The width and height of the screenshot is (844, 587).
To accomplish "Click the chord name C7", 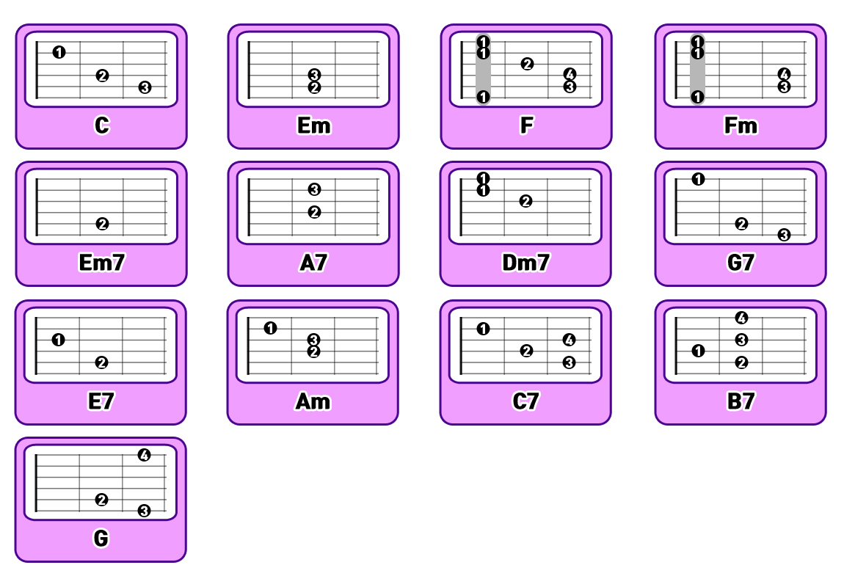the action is click(525, 401).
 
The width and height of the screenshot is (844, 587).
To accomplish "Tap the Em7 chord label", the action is click(101, 263).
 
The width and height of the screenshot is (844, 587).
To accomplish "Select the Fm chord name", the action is click(740, 125).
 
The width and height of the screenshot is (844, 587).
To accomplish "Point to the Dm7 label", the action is click(525, 263).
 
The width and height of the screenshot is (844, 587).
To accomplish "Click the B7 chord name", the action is click(740, 401).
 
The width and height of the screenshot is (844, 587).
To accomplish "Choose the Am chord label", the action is click(313, 401).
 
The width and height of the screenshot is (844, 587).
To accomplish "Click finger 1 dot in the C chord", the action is click(59, 52).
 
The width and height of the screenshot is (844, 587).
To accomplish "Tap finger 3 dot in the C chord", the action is click(145, 87).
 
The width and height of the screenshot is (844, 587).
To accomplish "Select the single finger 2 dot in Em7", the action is click(102, 224).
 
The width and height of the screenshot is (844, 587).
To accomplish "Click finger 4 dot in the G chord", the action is click(144, 455).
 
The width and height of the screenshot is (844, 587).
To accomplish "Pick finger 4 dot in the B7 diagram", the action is click(741, 318).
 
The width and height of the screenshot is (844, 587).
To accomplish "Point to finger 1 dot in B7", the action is click(698, 351).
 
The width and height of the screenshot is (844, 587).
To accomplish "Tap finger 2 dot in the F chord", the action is click(527, 64).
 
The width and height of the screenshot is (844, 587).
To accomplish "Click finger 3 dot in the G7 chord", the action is click(784, 235).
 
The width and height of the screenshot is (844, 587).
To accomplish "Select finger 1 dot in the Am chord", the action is click(271, 328).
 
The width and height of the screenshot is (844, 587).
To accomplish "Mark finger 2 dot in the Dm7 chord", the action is click(525, 201).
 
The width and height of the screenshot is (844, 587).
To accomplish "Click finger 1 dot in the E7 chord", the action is click(59, 340).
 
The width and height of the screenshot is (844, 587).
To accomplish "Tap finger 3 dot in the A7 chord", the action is click(314, 189).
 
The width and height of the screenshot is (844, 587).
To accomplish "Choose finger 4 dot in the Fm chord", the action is click(784, 74).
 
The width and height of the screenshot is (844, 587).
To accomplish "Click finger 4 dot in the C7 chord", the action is click(570, 340).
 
